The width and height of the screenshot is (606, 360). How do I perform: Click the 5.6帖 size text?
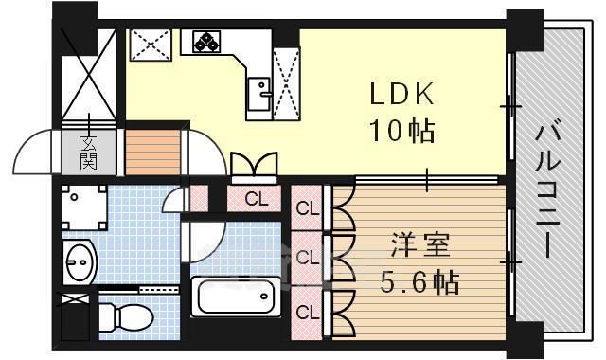pos(420,282)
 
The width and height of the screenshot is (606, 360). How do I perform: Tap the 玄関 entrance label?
pos(88,152)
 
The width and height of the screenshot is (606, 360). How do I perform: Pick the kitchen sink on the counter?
pos(258,90)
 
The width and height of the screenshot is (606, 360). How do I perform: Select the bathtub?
pos(236,297)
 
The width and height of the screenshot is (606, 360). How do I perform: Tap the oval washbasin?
pos(80,261)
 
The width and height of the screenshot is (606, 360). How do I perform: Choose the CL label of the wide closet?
pos(256,199)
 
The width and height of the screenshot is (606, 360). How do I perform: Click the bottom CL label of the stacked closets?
pos(306,311)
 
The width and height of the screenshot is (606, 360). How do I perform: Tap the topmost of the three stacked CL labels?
pos(306,209)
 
